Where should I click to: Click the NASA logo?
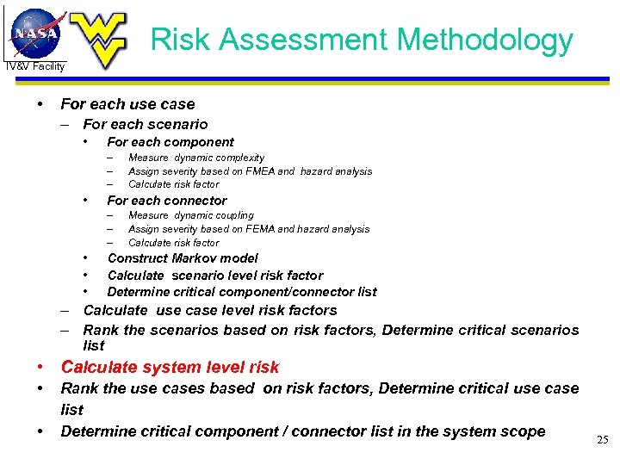click(36, 32)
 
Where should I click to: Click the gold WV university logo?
click(98, 38)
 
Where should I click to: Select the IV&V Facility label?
click(35, 66)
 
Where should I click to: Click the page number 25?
click(602, 440)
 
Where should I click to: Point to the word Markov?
click(194, 258)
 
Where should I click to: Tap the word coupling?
click(235, 215)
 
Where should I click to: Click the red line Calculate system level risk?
click(170, 368)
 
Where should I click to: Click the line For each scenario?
click(145, 124)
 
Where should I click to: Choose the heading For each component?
click(170, 142)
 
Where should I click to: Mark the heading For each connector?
click(166, 201)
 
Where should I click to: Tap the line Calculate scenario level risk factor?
click(214, 276)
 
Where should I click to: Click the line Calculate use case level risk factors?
click(209, 310)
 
